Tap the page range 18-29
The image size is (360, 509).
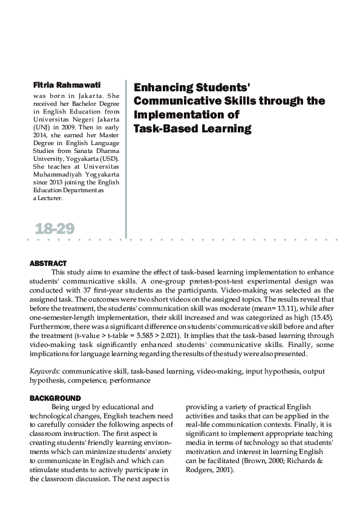click(x=54, y=229)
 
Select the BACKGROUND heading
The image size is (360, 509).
click(x=55, y=398)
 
